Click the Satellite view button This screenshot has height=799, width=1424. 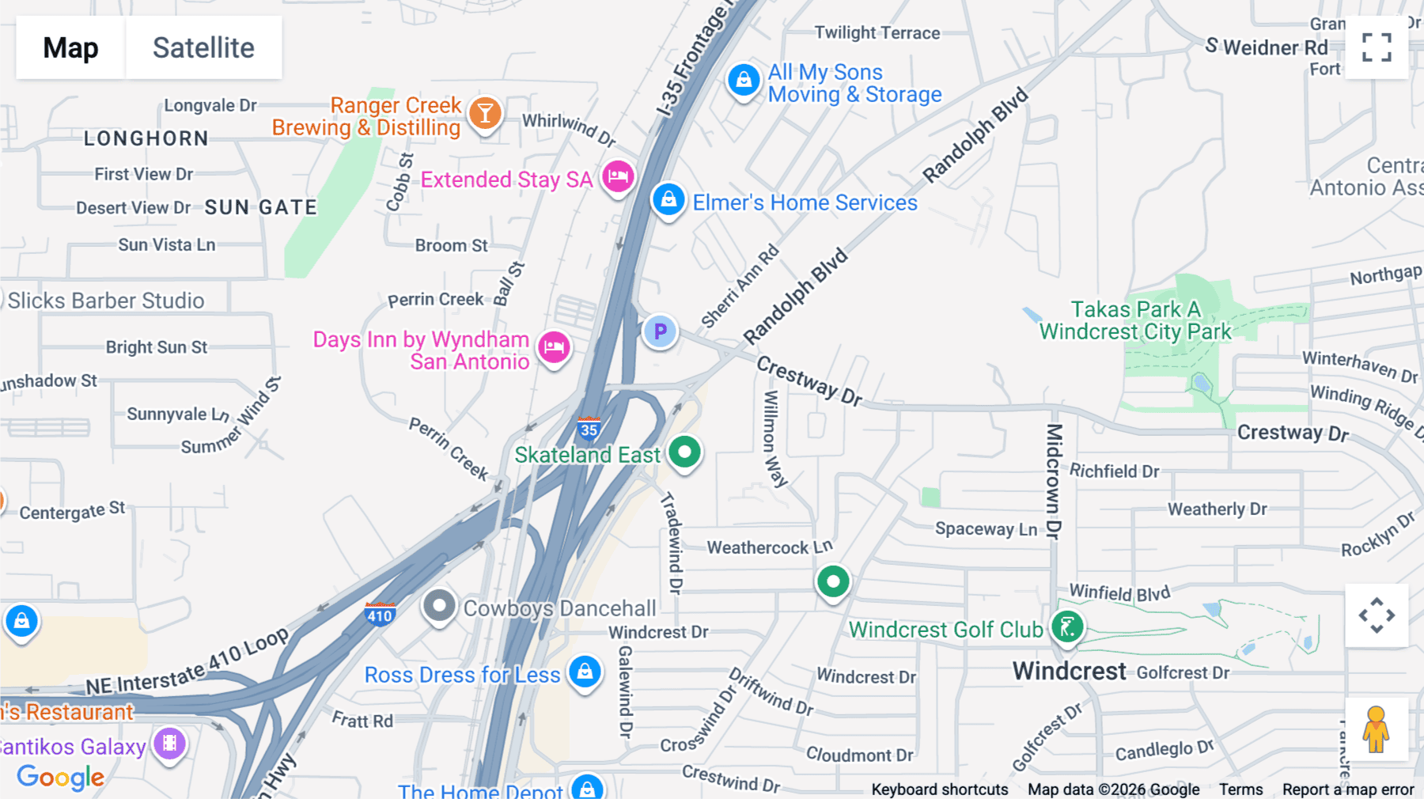[203, 47]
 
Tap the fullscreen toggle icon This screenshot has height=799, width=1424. [1377, 47]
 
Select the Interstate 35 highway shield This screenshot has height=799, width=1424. [589, 429]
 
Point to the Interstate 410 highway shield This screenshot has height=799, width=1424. [380, 615]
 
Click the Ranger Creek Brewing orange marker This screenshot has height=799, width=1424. [485, 113]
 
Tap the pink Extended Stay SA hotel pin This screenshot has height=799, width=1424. [618, 176]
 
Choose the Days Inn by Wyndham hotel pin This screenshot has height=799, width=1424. [554, 346]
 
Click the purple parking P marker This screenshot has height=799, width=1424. [660, 331]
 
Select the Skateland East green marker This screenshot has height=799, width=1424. [684, 453]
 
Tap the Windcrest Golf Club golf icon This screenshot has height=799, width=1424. [1067, 627]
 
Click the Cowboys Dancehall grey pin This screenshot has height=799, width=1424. [439, 607]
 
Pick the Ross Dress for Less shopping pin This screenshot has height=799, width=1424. [585, 672]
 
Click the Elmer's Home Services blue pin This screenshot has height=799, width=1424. [668, 199]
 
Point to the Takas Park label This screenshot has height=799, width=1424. [1135, 320]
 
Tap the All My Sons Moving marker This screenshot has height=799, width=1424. [744, 80]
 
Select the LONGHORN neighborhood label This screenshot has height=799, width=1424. [146, 138]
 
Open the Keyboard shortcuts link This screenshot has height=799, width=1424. [939, 789]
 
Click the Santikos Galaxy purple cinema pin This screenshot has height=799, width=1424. [169, 744]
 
